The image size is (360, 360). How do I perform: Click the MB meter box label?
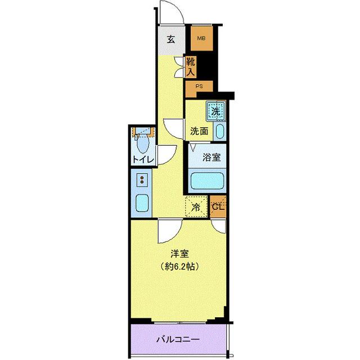point(200,39)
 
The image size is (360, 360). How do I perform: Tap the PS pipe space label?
point(199,86)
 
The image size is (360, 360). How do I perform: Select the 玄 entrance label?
point(170,39)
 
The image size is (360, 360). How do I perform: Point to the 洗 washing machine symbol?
point(215,110)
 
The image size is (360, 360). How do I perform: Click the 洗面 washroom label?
point(199,132)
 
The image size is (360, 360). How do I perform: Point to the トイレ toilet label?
point(143,160)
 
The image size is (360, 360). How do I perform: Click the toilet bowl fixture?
point(143,145)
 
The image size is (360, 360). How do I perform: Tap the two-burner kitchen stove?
point(142,181)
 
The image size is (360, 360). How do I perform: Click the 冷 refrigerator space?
point(196,206)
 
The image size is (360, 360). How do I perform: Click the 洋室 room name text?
point(179,254)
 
